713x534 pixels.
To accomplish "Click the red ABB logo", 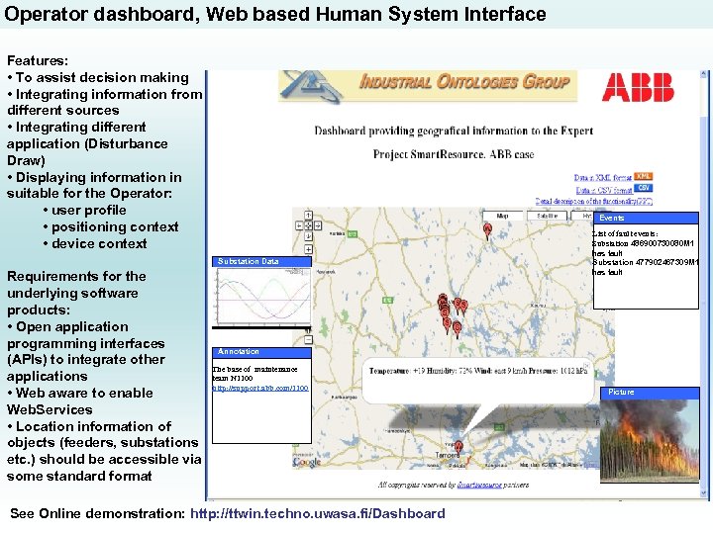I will [638, 87].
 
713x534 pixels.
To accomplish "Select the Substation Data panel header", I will [249, 261].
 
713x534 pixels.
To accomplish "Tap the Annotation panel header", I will [239, 351].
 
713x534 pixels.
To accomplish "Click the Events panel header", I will [612, 218].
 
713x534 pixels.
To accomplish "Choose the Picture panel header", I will [622, 393].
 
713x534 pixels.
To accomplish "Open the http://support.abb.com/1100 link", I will [260, 389].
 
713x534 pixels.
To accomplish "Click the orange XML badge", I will [644, 177].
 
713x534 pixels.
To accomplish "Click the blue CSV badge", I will [644, 188].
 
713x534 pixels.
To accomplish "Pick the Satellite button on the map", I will [547, 215].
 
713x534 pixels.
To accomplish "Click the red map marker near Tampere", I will [458, 448].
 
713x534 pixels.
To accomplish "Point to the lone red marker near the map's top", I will [487, 229].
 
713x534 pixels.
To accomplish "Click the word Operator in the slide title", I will [41, 14].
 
